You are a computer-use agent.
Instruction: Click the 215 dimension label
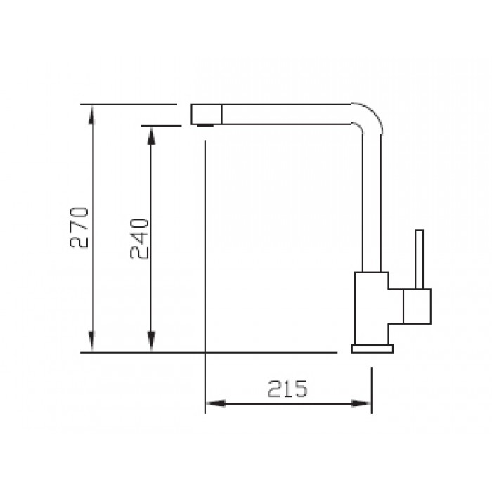(x=287, y=389)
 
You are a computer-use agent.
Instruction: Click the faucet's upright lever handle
(x=420, y=259)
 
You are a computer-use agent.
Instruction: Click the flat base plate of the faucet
(x=373, y=349)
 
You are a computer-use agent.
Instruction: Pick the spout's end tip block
(x=206, y=114)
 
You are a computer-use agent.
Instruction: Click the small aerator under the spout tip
(x=205, y=125)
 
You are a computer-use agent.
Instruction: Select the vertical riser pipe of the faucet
(x=373, y=204)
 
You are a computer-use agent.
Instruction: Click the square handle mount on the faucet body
(x=416, y=306)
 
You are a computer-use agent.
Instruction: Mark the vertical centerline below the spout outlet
(x=205, y=246)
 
